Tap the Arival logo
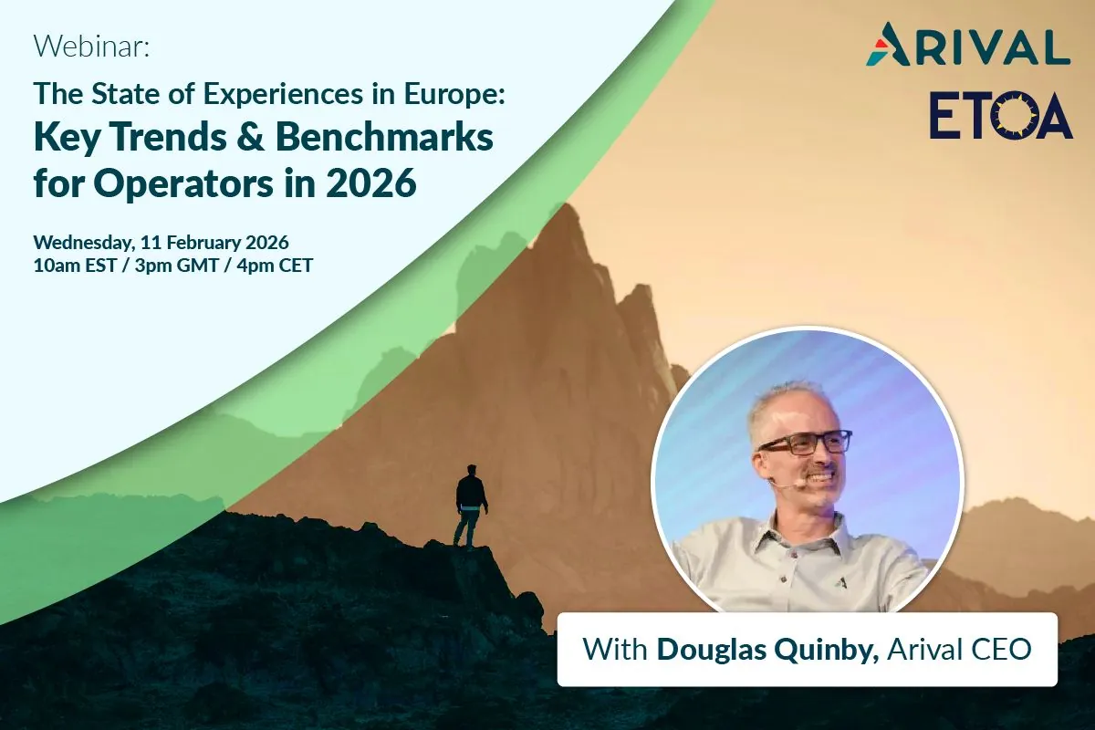[x=968, y=46]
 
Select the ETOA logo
[x=1001, y=115]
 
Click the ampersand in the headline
[x=251, y=138]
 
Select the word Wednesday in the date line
[x=84, y=243]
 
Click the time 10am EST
[x=75, y=266]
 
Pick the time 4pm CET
[x=275, y=266]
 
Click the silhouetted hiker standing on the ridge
[x=471, y=506]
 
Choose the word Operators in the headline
[x=182, y=182]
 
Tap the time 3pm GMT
[x=176, y=266]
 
